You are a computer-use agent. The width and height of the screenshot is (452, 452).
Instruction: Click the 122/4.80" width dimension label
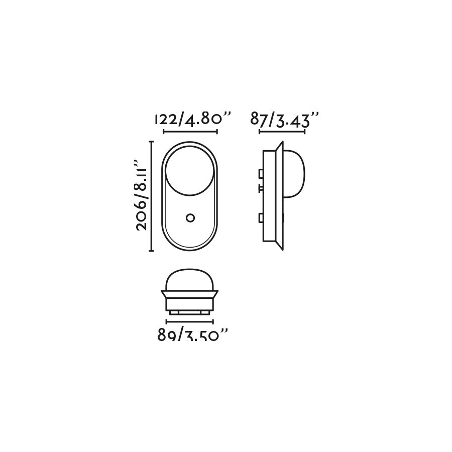point(193,120)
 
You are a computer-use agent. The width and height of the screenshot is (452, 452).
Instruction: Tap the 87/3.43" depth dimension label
point(284,120)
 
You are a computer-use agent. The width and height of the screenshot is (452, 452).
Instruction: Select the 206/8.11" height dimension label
point(141,195)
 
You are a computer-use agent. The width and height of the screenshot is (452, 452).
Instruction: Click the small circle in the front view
point(190,217)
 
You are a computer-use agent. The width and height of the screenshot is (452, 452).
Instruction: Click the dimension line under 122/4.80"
point(190,132)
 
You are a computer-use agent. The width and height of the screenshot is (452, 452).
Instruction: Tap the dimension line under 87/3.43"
point(282,132)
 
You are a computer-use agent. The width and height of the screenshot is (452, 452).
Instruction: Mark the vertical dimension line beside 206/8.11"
point(151,196)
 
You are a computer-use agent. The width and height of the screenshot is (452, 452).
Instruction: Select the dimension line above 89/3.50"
point(190,322)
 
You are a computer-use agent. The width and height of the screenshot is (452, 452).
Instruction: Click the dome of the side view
point(295,174)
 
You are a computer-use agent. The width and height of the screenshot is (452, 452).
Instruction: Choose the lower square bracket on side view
point(261,218)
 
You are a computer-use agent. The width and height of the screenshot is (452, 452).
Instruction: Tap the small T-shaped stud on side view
point(261,188)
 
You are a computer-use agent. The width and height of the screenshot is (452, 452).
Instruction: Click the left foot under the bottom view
point(174,312)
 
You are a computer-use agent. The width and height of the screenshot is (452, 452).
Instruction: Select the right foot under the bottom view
point(205,312)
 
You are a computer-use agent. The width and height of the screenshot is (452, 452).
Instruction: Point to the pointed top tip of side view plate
point(281,144)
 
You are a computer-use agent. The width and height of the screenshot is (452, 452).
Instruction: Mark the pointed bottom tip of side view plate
point(281,249)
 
